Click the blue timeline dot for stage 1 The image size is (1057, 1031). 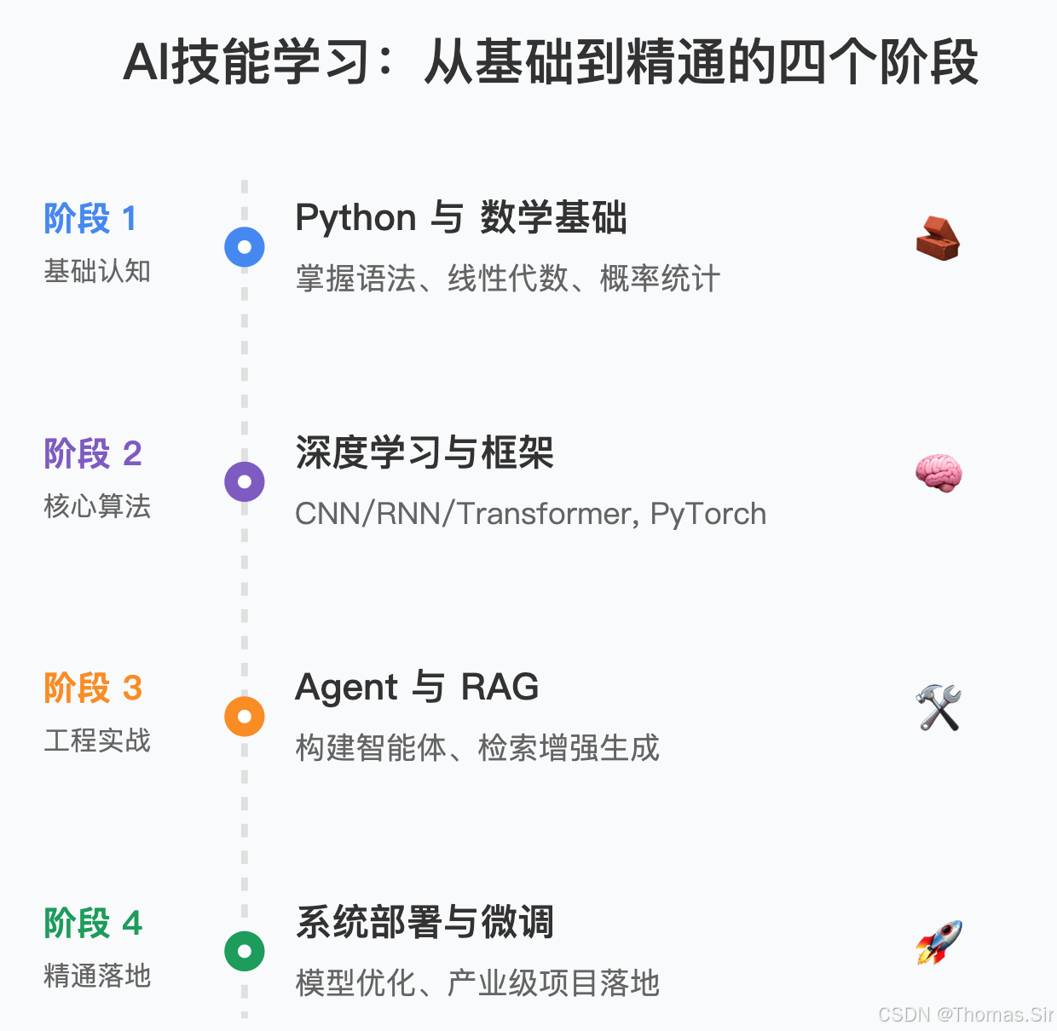[x=245, y=247]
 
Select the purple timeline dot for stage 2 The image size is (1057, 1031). [x=245, y=481]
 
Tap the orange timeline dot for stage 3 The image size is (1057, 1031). [x=245, y=717]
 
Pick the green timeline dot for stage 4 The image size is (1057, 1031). [x=245, y=951]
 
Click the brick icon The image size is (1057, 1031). [x=938, y=239]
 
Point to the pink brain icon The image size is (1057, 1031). [x=939, y=473]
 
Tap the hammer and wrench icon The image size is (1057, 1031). [x=939, y=707]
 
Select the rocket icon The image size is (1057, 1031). [x=939, y=942]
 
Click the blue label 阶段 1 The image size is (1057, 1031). [x=90, y=219]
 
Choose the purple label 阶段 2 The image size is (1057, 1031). [x=92, y=453]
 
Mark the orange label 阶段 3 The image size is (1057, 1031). [x=92, y=688]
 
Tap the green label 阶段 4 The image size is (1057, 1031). [x=92, y=923]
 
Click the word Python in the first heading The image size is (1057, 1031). [x=355, y=218]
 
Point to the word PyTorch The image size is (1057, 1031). [x=708, y=514]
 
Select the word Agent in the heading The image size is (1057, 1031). [x=346, y=688]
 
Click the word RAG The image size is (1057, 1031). [x=500, y=687]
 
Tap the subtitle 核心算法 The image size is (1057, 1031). [x=97, y=506]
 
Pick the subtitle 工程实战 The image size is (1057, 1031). [x=97, y=740]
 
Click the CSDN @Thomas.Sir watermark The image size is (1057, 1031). [x=965, y=1014]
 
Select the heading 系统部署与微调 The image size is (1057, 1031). [x=425, y=922]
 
